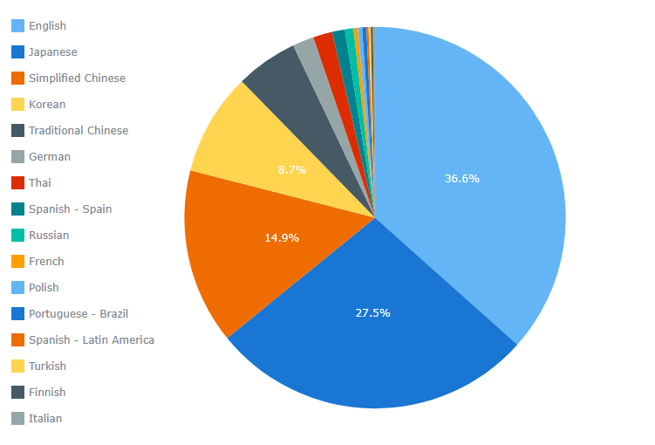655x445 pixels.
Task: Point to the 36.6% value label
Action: coord(461,179)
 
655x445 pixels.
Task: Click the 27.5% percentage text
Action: coord(372,313)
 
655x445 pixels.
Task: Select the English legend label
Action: coord(47,26)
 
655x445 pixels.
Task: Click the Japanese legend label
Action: coord(52,52)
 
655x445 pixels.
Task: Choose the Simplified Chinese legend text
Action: coord(77,79)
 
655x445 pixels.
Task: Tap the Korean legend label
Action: coord(47,105)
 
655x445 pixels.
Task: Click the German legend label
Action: coord(50,157)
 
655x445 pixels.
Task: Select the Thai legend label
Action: coord(40,183)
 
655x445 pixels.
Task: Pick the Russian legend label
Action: coord(49,236)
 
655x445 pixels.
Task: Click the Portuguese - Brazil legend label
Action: coord(78,314)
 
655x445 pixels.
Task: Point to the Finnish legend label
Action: coord(47,393)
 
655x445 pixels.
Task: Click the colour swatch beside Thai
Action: coord(17,183)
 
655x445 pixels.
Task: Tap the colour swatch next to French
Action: coord(17,262)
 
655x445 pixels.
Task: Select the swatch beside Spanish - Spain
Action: coord(17,209)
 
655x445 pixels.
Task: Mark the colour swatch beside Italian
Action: coord(17,419)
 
